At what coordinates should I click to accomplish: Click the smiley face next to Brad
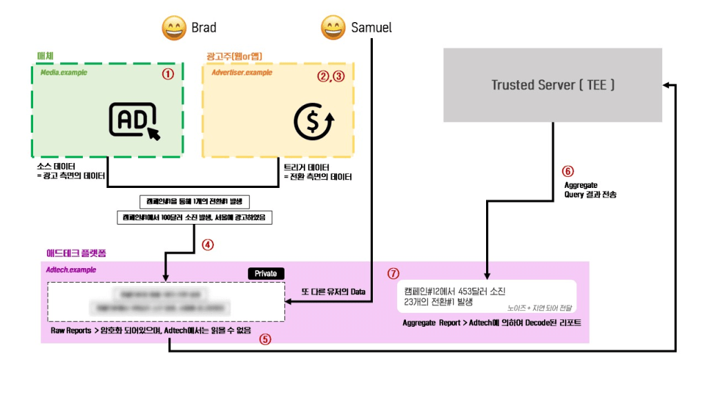(173, 28)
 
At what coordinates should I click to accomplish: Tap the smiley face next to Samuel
(333, 28)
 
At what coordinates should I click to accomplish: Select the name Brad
(204, 28)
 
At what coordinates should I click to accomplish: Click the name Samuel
(371, 28)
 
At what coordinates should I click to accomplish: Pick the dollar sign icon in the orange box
(314, 122)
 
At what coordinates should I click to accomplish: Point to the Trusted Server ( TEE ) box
(552, 85)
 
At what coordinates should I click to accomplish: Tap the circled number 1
(167, 74)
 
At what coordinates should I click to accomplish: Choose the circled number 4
(207, 244)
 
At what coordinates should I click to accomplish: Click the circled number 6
(568, 171)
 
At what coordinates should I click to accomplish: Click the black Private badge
(266, 274)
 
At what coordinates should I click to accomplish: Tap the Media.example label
(64, 73)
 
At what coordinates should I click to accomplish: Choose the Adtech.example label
(71, 270)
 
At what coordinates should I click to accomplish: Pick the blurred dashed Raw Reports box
(166, 301)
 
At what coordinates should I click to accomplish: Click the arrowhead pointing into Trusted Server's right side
(667, 85)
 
